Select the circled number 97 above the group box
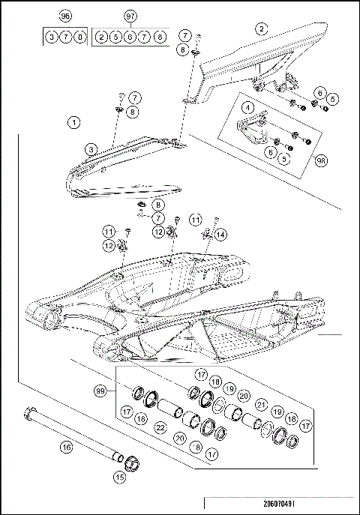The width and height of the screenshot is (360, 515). pyautogui.click(x=131, y=15)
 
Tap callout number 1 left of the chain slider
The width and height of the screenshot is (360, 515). pyautogui.click(x=73, y=120)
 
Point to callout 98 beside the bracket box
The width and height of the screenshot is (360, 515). pyautogui.click(x=321, y=160)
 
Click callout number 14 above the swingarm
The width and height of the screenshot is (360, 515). pyautogui.click(x=220, y=234)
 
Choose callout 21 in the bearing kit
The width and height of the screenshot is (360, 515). pyautogui.click(x=261, y=405)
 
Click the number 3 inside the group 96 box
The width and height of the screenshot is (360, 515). pyautogui.click(x=51, y=36)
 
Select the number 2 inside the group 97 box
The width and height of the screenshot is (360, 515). pyautogui.click(x=101, y=36)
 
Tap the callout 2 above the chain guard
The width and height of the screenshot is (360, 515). pyautogui.click(x=260, y=29)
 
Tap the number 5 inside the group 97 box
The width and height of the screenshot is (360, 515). pyautogui.click(x=115, y=36)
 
